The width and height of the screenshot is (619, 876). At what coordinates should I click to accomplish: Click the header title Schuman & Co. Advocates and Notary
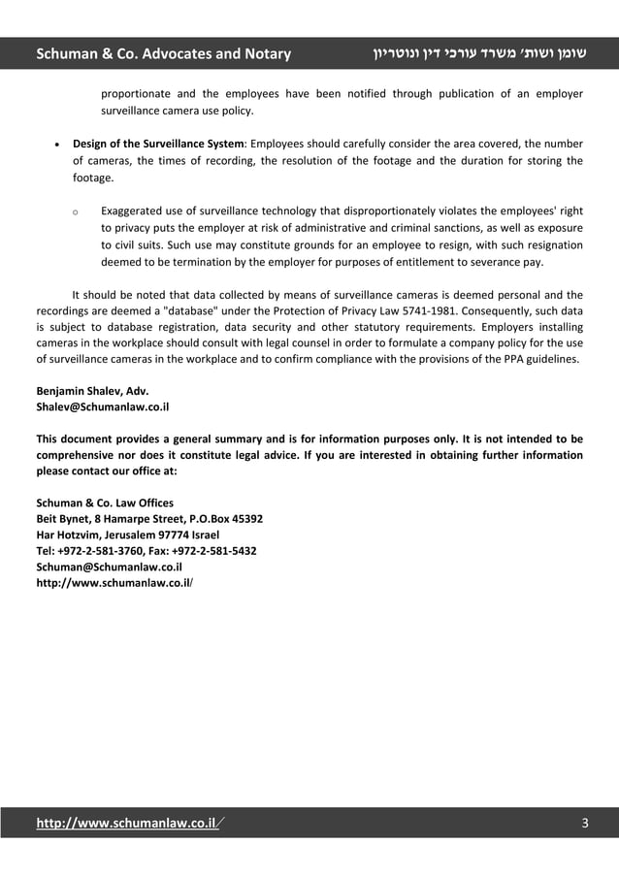pyautogui.click(x=163, y=53)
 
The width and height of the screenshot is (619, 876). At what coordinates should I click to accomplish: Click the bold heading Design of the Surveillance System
pyautogui.click(x=159, y=145)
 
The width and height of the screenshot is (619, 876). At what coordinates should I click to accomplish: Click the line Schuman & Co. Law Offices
pyautogui.click(x=105, y=503)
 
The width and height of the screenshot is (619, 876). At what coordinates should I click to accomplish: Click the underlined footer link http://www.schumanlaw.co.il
pyautogui.click(x=125, y=824)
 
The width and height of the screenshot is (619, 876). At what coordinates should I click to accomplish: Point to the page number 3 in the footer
pyautogui.click(x=584, y=824)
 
